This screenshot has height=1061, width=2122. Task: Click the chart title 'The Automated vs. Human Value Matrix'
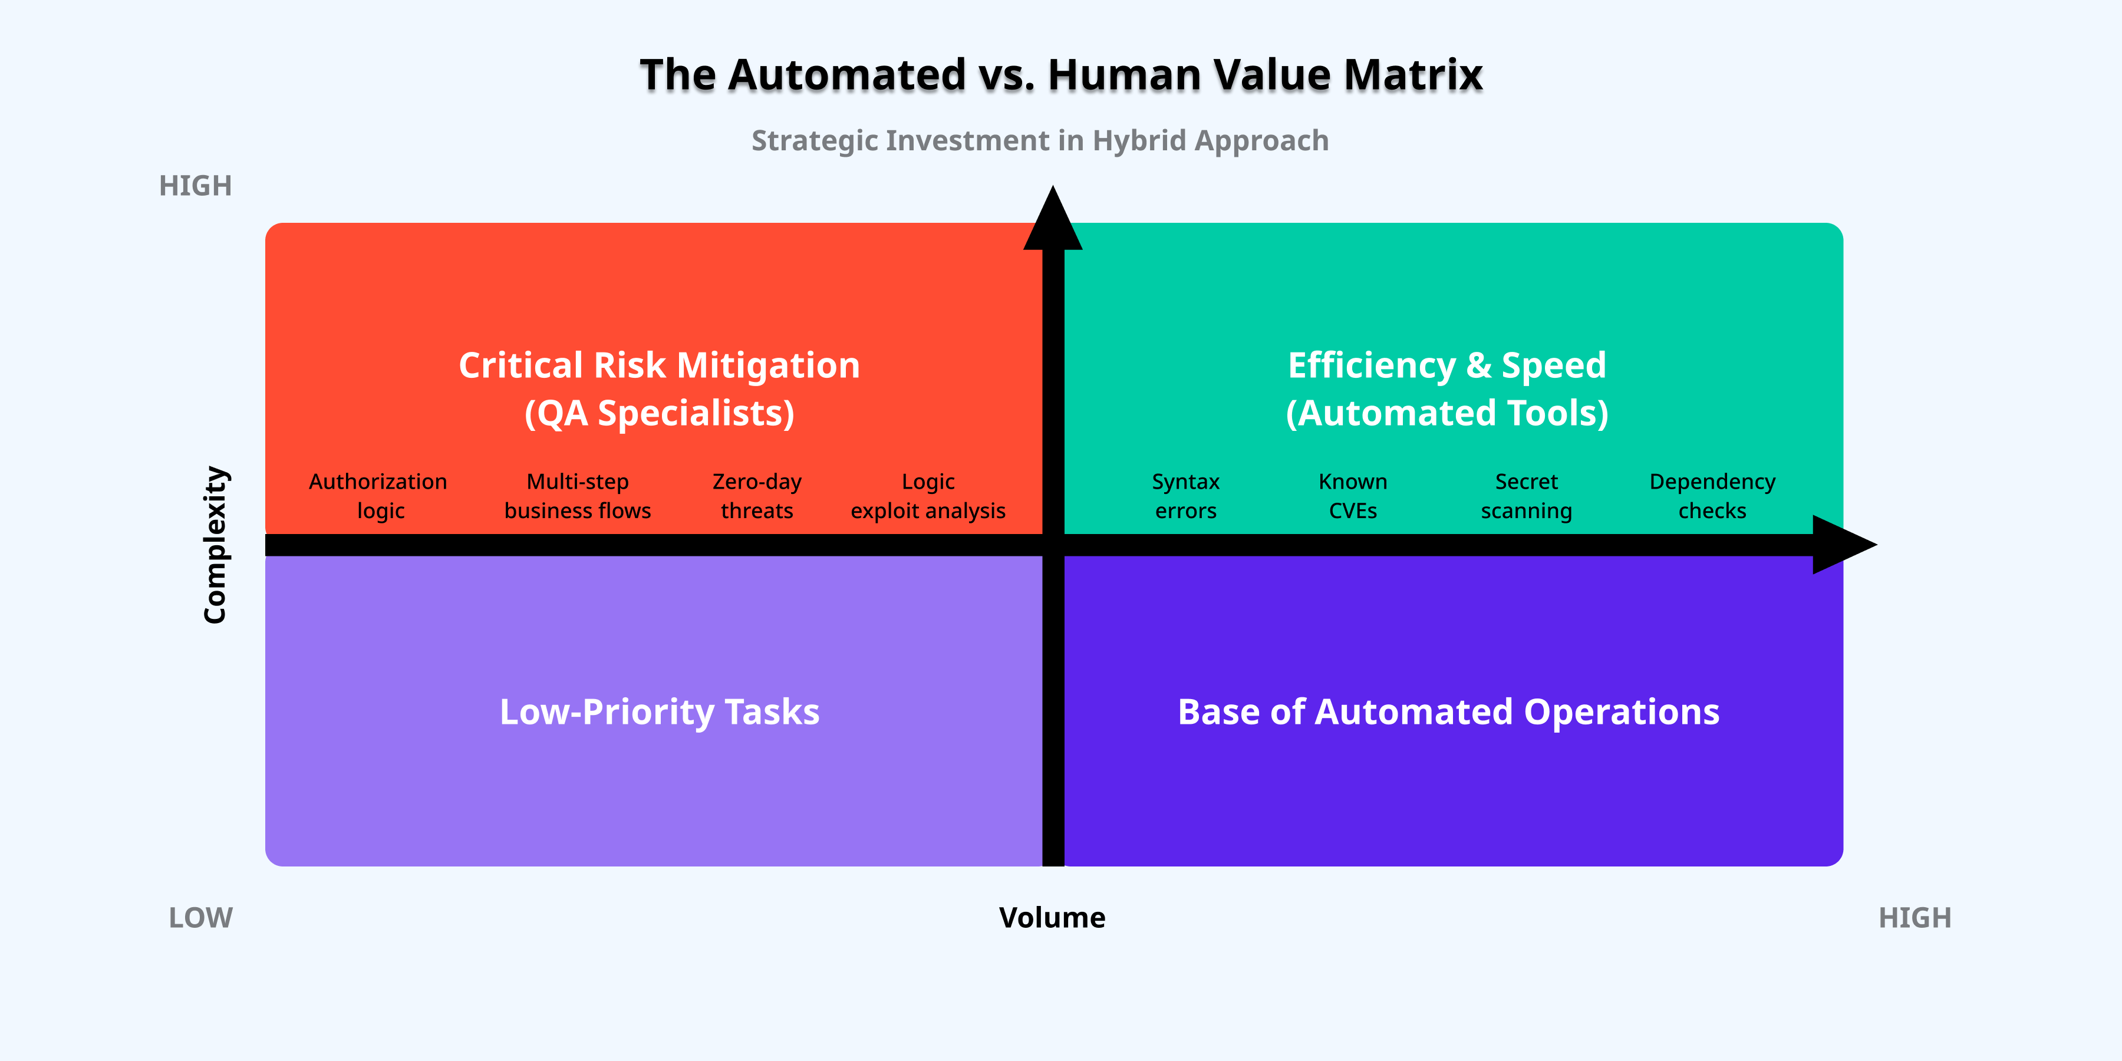pos(1061,75)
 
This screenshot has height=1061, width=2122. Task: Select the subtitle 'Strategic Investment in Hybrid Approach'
pos(1040,141)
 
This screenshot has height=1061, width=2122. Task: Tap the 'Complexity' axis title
pos(215,545)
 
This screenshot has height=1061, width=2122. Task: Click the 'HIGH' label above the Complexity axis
pos(195,186)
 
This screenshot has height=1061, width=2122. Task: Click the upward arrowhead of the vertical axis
pos(1053,221)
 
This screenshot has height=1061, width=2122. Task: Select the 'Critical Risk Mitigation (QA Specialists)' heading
pos(659,389)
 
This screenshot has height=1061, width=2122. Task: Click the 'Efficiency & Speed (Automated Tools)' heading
pos(1446,389)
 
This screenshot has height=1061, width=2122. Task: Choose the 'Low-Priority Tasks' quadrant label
pos(659,711)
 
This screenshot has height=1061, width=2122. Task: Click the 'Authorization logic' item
pos(379,496)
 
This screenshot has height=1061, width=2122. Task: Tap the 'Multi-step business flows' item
pos(578,496)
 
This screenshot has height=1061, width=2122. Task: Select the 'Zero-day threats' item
pos(756,496)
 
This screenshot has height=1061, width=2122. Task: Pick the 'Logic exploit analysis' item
pos(928,496)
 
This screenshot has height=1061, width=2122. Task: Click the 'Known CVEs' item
pos(1353,496)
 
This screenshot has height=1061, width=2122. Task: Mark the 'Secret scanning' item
pos(1527,496)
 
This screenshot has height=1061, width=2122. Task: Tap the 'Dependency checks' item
pos(1712,496)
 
